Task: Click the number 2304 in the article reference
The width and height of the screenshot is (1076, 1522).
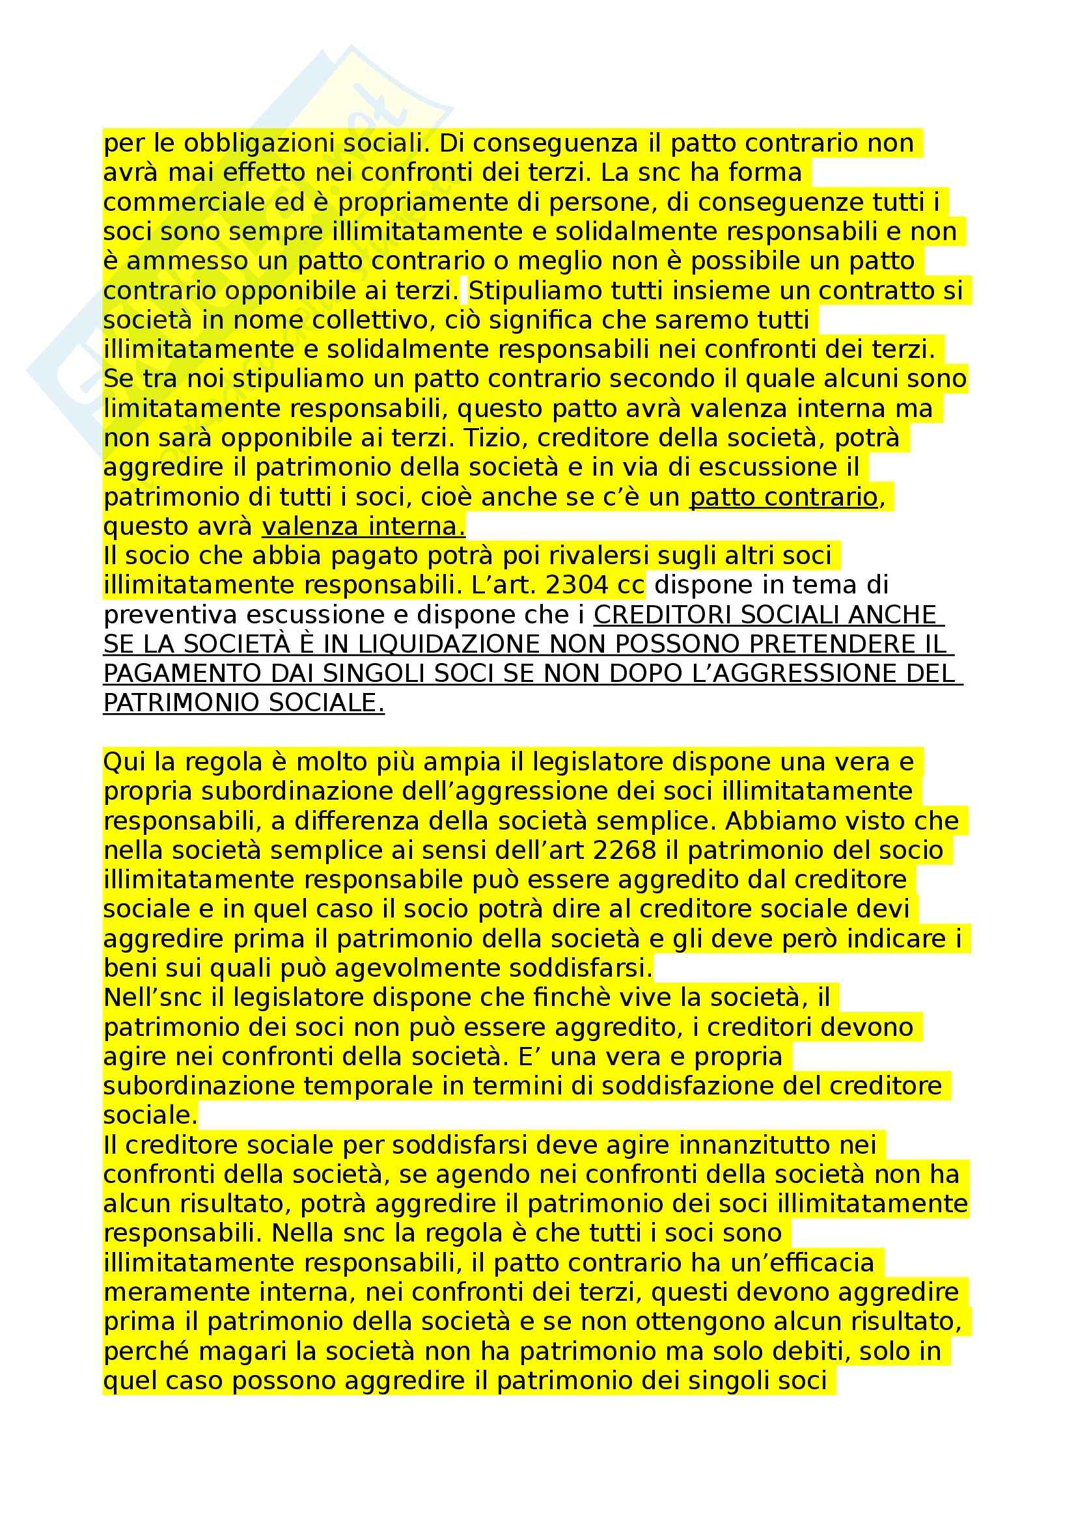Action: (575, 585)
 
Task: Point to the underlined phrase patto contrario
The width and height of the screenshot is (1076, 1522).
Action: (784, 496)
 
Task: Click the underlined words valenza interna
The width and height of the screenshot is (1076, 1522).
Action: (363, 526)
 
